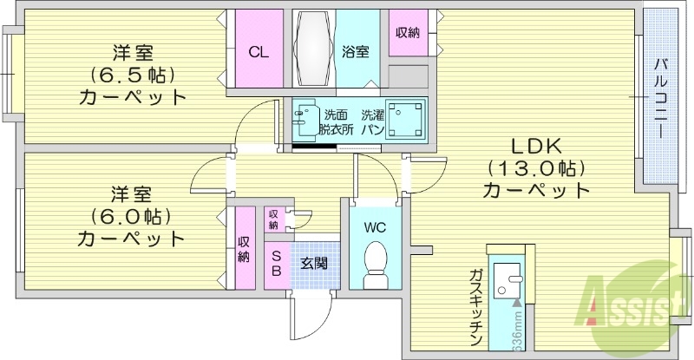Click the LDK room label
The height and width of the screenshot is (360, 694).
(535, 145)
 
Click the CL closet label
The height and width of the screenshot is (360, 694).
(259, 51)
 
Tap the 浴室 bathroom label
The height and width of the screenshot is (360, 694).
(356, 51)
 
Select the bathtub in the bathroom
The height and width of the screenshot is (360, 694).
(312, 48)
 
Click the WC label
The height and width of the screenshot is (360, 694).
(375, 228)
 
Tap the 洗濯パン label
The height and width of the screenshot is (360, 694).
(371, 122)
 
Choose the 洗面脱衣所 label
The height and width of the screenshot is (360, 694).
(335, 122)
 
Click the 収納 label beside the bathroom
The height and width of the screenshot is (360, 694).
(408, 33)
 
